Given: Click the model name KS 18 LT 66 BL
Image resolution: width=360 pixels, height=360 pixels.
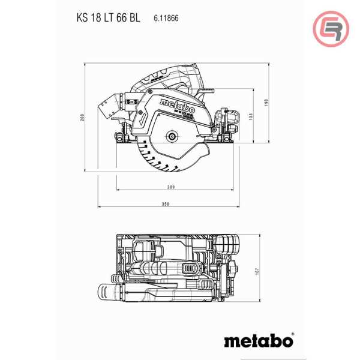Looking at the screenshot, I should pos(108,18).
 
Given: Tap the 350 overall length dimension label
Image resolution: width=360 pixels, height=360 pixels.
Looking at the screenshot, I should pos(166,205).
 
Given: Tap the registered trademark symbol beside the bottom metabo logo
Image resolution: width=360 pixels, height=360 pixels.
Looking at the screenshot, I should pos(292,335).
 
